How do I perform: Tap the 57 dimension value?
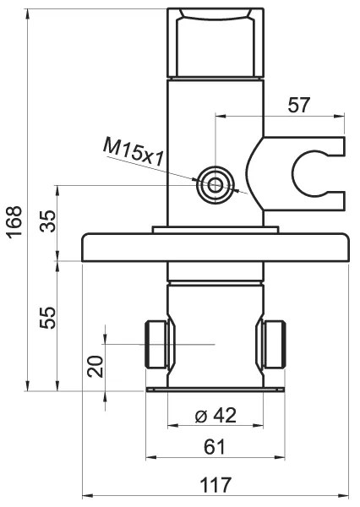299,105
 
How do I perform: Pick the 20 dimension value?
95,366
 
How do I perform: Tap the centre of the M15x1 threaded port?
215,185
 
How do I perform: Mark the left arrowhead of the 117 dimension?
85,496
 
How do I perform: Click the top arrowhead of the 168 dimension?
28,14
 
